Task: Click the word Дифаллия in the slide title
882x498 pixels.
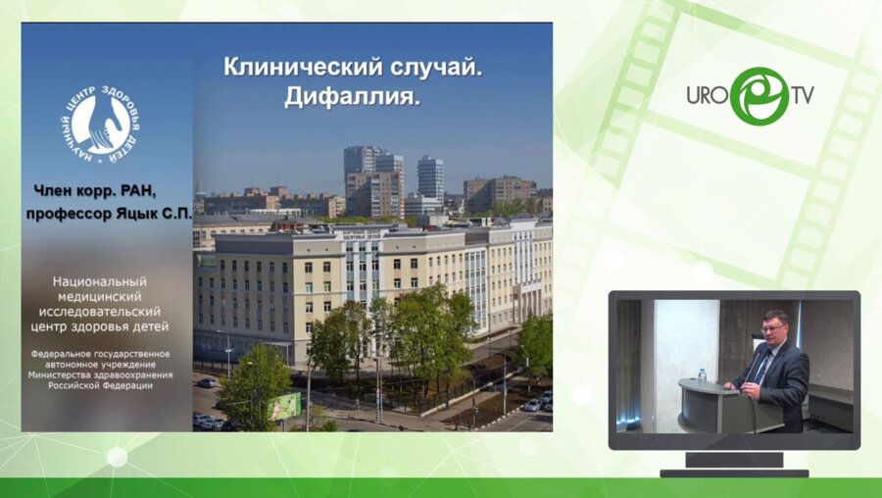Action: (x=350, y=97)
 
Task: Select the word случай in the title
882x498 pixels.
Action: (x=435, y=68)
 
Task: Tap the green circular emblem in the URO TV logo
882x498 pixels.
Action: (x=759, y=96)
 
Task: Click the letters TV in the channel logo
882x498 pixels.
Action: (x=803, y=96)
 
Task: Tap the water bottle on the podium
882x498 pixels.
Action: (x=702, y=374)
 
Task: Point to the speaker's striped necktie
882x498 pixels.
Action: (x=761, y=368)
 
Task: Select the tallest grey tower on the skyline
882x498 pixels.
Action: (x=430, y=177)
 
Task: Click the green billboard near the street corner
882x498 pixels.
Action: (x=285, y=405)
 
